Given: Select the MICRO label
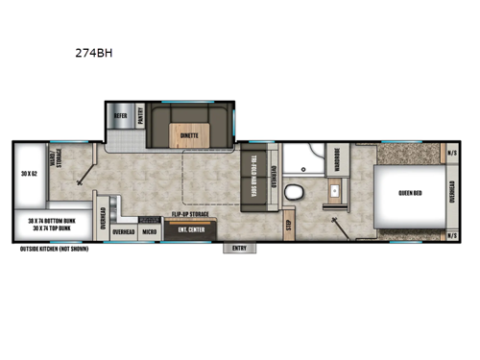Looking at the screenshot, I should click(151, 231).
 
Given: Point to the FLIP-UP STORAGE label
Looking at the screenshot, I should click(191, 214).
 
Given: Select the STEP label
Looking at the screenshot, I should click(288, 228).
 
